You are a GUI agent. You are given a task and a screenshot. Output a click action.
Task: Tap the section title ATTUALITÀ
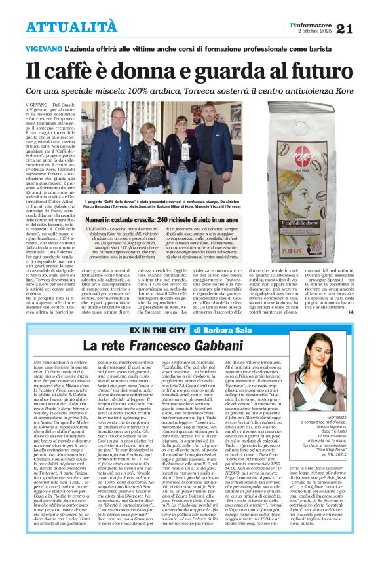[62, 27]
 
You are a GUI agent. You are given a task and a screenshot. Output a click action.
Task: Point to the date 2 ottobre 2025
[315, 31]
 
